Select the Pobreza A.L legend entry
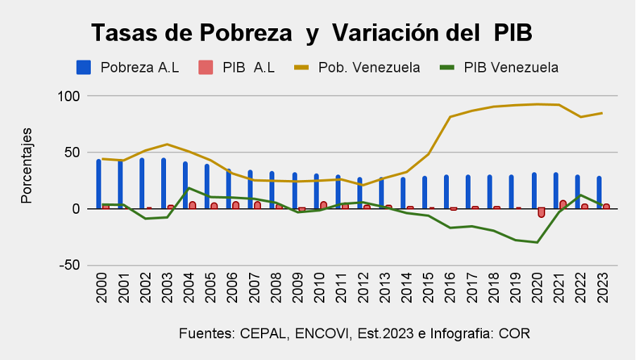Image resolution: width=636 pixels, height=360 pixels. point(139,67)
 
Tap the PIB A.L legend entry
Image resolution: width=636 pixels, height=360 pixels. point(248,67)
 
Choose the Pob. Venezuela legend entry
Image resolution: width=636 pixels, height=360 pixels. point(369,67)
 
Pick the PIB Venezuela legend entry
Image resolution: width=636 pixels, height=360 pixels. point(511,67)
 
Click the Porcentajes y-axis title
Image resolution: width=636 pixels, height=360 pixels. point(27,165)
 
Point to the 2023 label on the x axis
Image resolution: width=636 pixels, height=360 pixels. point(603,288)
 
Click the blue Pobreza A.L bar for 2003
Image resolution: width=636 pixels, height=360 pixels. point(164,183)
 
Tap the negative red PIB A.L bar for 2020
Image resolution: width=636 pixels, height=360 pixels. point(541,212)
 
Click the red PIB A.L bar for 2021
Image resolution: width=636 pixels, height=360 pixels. point(563,205)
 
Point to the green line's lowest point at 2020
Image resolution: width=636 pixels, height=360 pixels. point(538,242)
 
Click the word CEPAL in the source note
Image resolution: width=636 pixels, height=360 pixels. point(263,333)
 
